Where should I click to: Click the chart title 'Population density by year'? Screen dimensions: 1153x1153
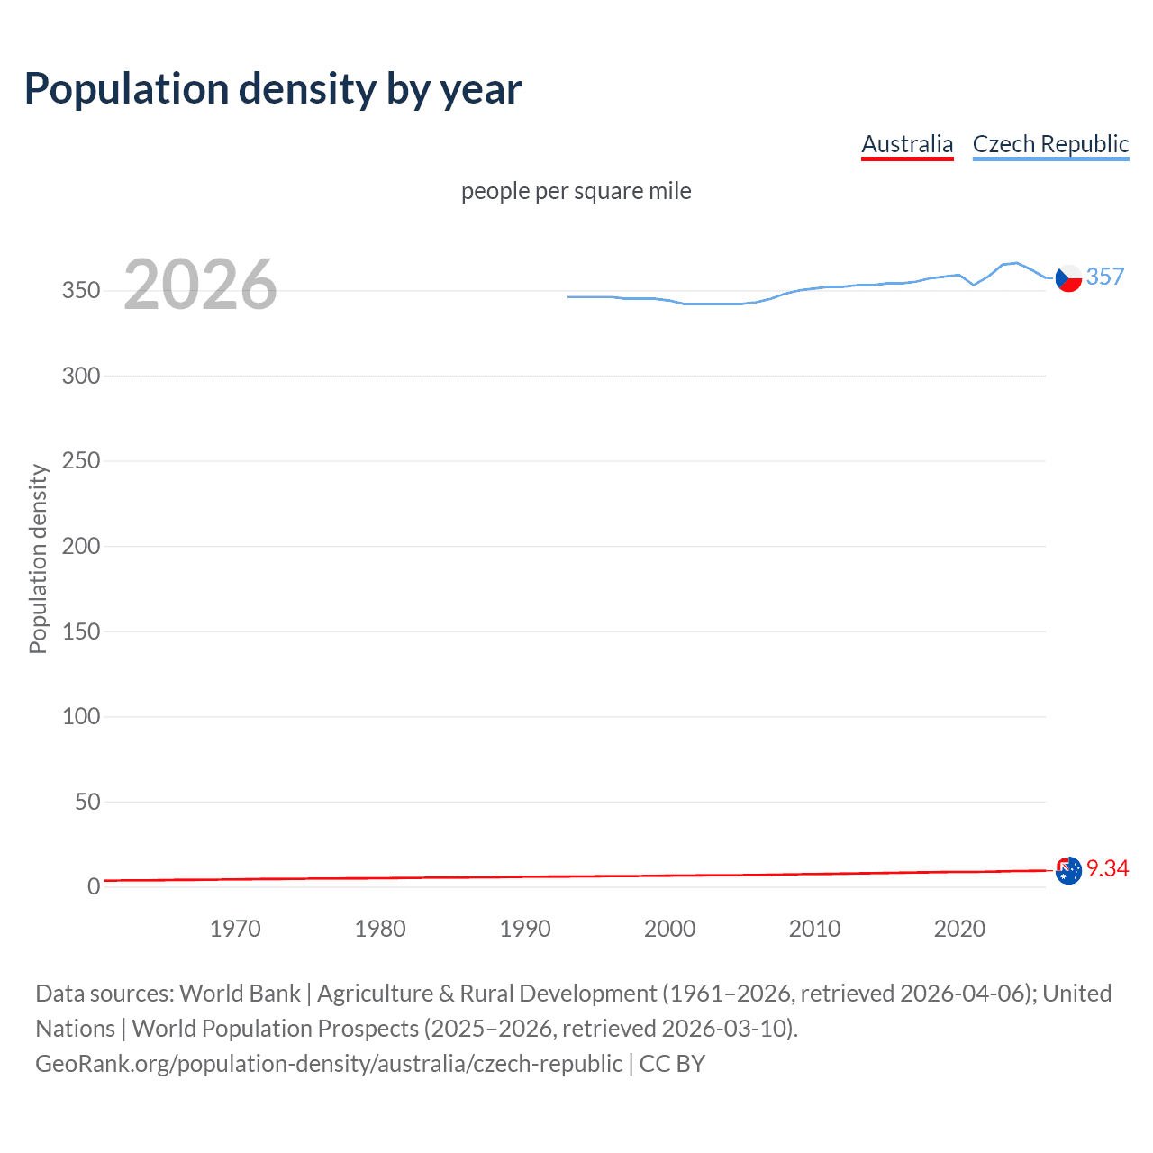pos(273,89)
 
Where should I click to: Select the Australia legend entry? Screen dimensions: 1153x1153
pos(907,144)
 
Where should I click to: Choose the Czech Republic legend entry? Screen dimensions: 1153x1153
pos(1050,144)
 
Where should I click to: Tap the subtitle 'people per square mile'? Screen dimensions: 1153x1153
pos(576,192)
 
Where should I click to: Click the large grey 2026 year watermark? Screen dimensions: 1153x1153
pos(200,286)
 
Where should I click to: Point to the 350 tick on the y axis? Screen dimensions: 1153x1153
pos(81,291)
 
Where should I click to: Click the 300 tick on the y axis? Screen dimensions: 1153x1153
pos(81,376)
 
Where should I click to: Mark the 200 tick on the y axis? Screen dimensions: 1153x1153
pos(81,546)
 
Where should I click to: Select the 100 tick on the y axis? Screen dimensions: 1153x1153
pos(81,717)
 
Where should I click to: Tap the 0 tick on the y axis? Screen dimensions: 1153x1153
pos(94,887)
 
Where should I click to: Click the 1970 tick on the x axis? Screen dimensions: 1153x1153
pos(235,929)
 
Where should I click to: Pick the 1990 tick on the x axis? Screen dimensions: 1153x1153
pos(525,929)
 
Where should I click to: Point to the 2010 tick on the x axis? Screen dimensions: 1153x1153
pos(814,929)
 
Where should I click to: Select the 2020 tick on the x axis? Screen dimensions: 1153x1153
pos(959,929)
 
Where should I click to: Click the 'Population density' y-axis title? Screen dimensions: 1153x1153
pos(38,558)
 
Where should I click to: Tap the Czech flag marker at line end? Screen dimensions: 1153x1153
pos(1068,279)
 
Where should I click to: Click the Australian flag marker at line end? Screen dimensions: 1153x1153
pos(1068,871)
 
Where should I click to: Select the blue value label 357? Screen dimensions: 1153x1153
pos(1105,277)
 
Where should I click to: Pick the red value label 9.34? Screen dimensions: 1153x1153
pos(1107,868)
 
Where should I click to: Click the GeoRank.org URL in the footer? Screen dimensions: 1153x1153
pos(329,1064)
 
